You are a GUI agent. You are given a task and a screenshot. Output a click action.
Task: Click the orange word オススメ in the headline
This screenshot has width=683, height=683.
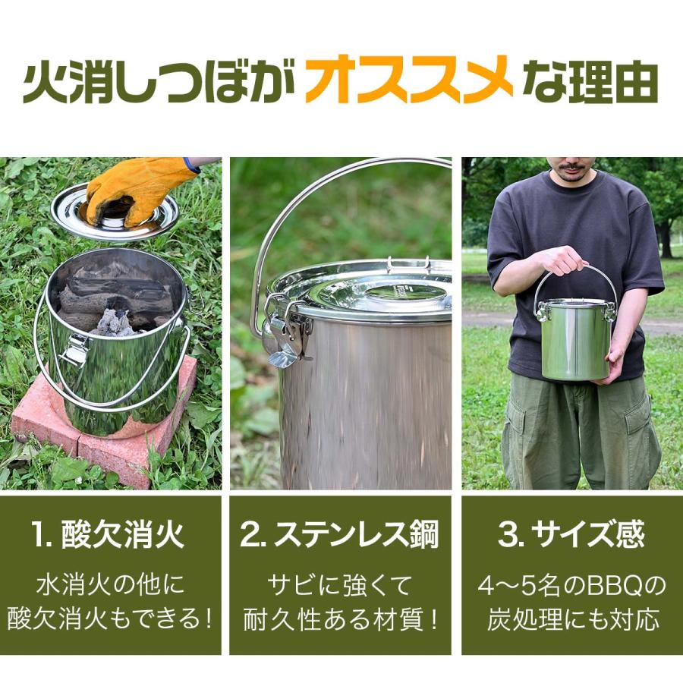408,79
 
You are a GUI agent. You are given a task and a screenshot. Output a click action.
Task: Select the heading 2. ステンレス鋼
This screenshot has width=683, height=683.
339,535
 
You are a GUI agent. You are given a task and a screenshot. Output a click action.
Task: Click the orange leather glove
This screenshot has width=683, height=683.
140,190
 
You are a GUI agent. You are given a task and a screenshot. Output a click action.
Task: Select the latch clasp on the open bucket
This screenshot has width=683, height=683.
75,349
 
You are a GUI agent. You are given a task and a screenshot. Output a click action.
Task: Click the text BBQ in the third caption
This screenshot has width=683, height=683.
614,587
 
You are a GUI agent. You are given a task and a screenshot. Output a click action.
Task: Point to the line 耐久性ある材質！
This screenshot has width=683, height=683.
340,620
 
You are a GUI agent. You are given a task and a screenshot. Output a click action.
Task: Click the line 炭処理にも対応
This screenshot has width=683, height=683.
573,620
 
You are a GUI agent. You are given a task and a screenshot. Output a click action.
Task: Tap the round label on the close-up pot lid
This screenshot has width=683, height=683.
405,296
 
